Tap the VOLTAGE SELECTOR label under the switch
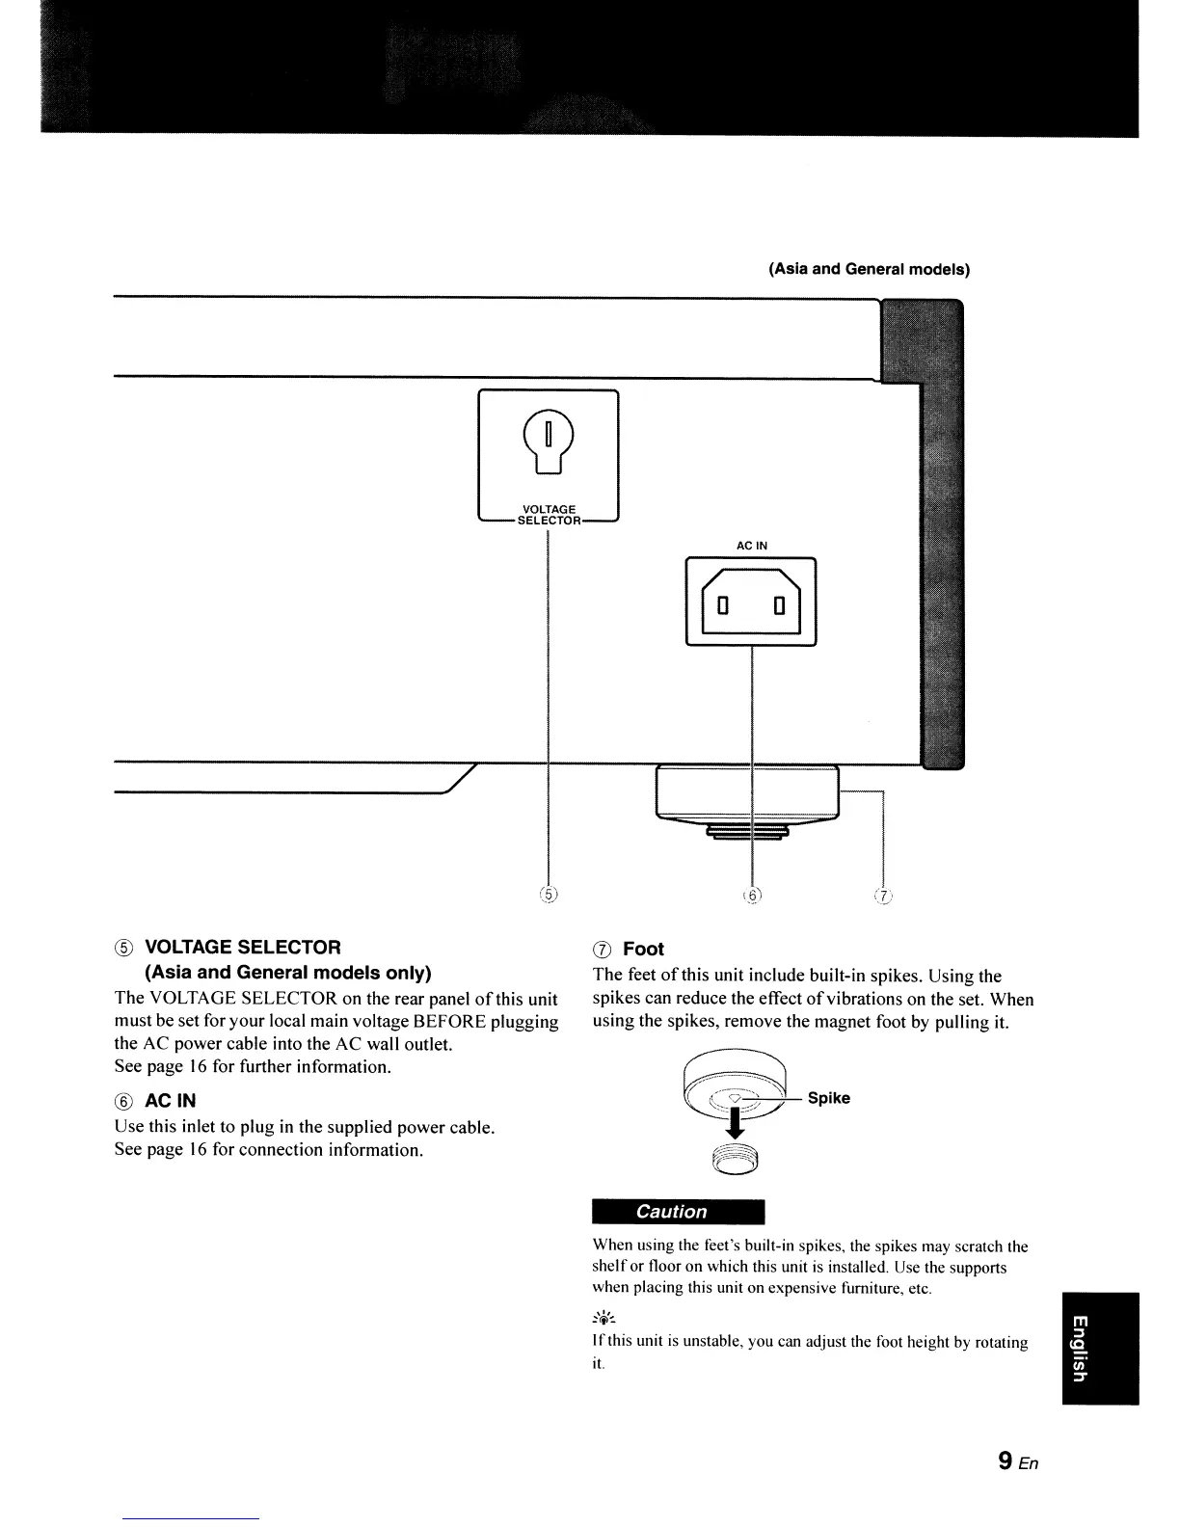tap(549, 515)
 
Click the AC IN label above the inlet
tap(752, 546)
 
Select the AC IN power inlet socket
tap(751, 603)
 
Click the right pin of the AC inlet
tap(781, 606)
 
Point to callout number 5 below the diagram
tap(548, 894)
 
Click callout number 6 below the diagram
tap(752, 894)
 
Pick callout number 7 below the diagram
tap(883, 895)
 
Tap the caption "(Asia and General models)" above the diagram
tap(869, 269)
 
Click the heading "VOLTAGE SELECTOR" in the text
tap(243, 947)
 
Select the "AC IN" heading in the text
tap(171, 1101)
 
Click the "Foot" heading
tap(643, 949)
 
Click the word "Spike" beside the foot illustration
tap(829, 1098)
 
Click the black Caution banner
tap(678, 1212)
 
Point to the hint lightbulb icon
tap(604, 1319)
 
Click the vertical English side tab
tap(1100, 1348)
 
